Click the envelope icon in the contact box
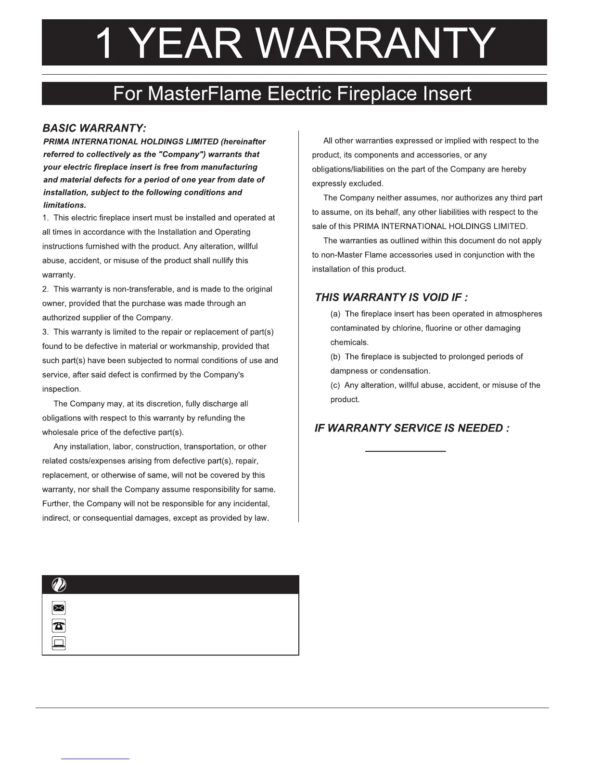pyautogui.click(x=59, y=608)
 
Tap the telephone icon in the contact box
pyautogui.click(x=59, y=626)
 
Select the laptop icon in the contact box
pyautogui.click(x=59, y=643)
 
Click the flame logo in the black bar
pyautogui.click(x=59, y=585)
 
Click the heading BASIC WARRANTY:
pyautogui.click(x=94, y=128)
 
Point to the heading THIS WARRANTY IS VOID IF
pyautogui.click(x=391, y=297)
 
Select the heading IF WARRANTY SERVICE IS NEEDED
pyautogui.click(x=412, y=428)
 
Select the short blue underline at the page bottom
pyautogui.click(x=95, y=759)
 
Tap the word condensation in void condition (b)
pyautogui.click(x=405, y=371)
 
